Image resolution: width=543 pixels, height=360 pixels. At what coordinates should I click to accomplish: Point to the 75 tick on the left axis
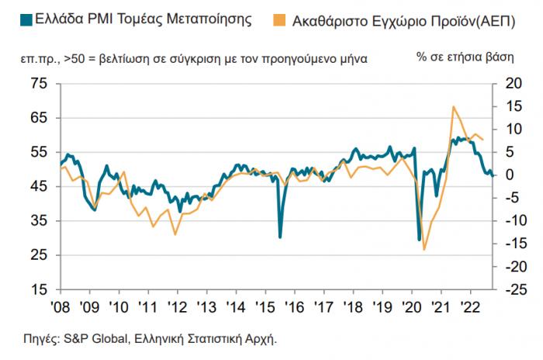(39, 83)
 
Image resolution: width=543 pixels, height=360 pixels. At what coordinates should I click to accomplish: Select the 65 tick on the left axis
(39, 118)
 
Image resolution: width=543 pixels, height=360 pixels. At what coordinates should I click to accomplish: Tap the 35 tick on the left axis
(39, 221)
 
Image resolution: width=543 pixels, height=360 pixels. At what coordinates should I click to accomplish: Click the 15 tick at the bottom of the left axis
(39, 290)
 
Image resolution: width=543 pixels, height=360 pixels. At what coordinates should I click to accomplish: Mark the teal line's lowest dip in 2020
(420, 240)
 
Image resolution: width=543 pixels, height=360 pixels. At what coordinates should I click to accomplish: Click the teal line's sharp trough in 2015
(280, 237)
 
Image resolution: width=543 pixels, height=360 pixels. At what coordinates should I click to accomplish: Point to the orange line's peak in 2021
(453, 106)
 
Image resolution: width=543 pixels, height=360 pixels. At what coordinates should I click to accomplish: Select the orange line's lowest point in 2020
(424, 249)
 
